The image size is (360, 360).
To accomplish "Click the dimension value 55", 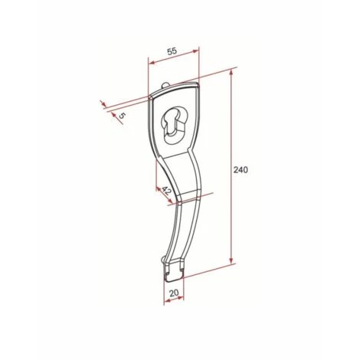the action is (x=172, y=51).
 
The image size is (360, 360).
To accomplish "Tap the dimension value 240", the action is (x=241, y=170).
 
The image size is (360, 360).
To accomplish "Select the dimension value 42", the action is (x=166, y=191).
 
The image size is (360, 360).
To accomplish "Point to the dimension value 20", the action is (x=174, y=293).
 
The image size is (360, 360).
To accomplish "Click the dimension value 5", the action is (x=122, y=116).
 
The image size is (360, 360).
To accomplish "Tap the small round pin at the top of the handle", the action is (x=165, y=85).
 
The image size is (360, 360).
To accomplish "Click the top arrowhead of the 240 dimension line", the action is (x=231, y=74).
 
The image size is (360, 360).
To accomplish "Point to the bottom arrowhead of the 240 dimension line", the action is (x=231, y=260).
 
